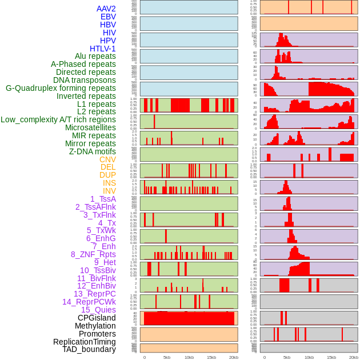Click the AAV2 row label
pos(106,9)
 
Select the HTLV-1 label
pos(103,49)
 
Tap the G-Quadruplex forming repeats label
pos(61,88)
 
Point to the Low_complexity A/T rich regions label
pos(58,119)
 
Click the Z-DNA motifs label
pos(93,151)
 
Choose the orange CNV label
pos(107,159)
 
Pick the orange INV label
pos(109,191)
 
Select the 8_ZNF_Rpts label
pos(93,254)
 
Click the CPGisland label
pos(97,318)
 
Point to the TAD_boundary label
pos(89,349)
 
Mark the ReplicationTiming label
pos(85,342)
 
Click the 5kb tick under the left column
pos(167,357)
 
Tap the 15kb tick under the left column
pos(211,357)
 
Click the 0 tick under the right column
pos(264,357)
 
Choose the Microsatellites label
pos(90,127)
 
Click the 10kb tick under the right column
pos(309,357)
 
